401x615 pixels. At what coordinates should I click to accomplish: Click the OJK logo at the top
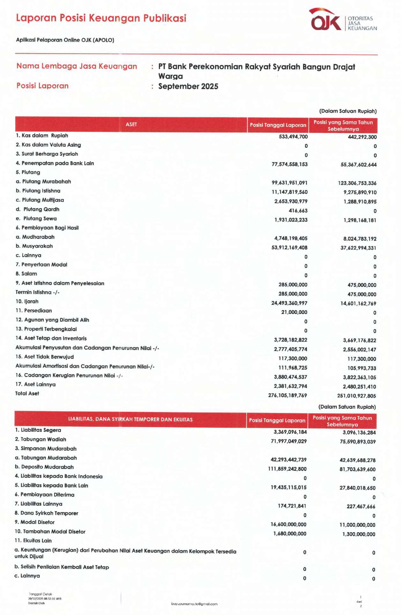326,20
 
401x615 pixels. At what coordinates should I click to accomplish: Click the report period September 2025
188,86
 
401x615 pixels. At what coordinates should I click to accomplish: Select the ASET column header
131,124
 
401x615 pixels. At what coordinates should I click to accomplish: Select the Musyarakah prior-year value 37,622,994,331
358,248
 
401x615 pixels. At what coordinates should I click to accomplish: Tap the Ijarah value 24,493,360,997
289,303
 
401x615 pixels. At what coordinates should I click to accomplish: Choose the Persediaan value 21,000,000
294,312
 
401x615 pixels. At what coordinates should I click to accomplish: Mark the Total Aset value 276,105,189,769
288,395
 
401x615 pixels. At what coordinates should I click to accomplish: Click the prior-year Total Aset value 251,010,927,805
356,396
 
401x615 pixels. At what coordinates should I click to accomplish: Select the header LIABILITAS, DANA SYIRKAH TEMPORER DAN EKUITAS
130,419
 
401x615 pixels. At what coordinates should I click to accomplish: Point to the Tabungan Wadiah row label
40,439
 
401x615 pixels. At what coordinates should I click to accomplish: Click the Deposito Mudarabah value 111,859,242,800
287,469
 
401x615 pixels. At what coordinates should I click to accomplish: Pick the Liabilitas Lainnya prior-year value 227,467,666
361,506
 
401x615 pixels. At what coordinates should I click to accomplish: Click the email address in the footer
194,604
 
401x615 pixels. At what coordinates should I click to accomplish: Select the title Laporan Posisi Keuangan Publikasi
101,18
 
